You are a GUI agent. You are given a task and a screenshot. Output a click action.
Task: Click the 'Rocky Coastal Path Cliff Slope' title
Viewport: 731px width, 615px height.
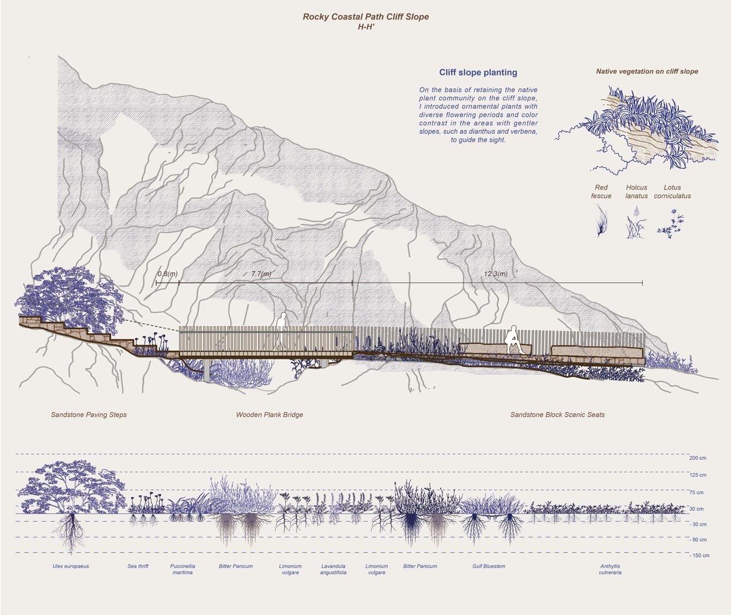click(366, 17)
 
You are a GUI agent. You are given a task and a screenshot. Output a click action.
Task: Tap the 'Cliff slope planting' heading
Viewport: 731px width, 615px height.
click(478, 73)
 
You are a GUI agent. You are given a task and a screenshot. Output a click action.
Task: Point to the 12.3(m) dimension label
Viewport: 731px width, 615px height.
click(495, 274)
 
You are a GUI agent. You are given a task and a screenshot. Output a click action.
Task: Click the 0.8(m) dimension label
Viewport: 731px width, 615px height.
click(167, 274)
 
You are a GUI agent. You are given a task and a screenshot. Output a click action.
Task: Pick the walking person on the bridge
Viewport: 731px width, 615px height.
click(282, 332)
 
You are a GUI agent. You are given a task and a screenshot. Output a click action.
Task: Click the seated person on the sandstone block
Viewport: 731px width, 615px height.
click(512, 340)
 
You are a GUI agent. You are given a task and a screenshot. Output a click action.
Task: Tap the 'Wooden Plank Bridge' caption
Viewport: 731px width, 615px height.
click(269, 415)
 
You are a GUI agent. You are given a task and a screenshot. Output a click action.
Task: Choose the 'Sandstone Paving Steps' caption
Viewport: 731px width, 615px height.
click(89, 415)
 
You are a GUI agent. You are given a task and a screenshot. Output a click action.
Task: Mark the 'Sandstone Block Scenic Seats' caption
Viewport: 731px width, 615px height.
click(557, 415)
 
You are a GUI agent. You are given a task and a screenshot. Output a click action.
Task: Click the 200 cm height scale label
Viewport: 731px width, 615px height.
click(697, 458)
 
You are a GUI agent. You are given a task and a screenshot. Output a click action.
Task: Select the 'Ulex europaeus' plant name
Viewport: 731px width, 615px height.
click(71, 567)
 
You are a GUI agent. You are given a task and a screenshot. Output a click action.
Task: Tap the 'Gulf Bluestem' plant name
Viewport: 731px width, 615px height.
click(488, 567)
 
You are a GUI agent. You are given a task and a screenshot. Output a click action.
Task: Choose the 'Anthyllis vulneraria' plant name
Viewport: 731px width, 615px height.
click(612, 570)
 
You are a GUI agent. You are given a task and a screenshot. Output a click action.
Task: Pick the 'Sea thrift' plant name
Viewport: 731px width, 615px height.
click(138, 567)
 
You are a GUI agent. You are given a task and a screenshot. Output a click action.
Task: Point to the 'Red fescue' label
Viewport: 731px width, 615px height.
click(601, 191)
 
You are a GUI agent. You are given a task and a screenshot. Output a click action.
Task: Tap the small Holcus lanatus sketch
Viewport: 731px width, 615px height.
click(635, 224)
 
